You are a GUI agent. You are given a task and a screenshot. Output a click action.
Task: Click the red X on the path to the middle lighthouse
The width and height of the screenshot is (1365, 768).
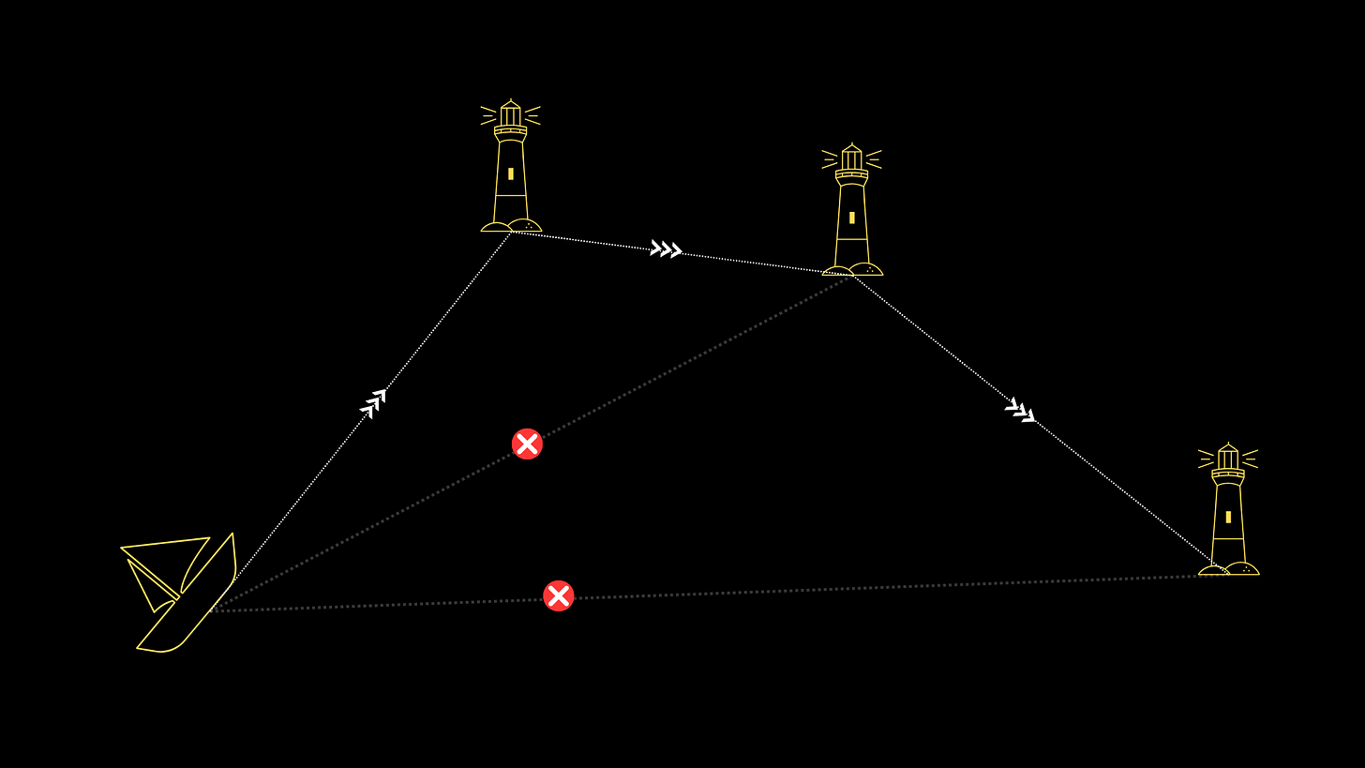[x=527, y=444]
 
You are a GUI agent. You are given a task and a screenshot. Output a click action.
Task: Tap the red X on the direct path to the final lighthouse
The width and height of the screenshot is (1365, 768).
[x=558, y=595]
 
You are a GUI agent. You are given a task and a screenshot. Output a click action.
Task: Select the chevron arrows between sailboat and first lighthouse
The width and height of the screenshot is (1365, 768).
[x=373, y=403]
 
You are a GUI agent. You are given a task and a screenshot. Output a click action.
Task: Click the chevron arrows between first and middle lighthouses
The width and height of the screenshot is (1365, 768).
[x=666, y=249]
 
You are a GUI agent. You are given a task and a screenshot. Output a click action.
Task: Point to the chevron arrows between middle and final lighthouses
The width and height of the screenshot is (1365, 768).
[x=1020, y=411]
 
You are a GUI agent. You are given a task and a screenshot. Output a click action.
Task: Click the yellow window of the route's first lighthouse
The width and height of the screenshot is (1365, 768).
[x=511, y=173]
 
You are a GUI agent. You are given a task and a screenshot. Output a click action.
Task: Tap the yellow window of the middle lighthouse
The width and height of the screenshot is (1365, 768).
[x=852, y=218]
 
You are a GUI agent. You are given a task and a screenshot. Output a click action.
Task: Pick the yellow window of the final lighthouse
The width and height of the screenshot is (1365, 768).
[x=1228, y=517]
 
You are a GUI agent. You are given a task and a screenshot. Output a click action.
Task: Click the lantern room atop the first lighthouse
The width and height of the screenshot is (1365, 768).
[x=511, y=115]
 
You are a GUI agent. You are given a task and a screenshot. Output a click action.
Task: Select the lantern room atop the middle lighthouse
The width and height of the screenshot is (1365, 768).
[x=852, y=159]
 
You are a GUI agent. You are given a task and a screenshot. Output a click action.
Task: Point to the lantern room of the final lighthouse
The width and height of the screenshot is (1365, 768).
[x=1228, y=459]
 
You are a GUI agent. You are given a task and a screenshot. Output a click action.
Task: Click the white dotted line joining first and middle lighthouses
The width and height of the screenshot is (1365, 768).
[x=591, y=241]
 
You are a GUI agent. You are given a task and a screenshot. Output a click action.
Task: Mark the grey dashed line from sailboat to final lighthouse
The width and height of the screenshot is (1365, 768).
[x=844, y=588]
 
